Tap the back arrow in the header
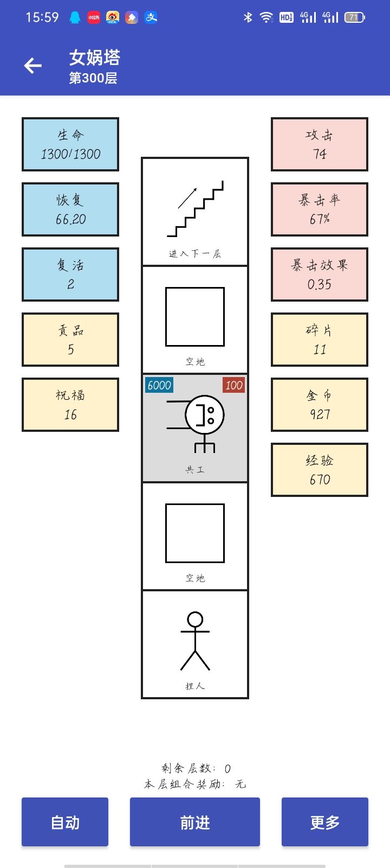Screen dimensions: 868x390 [x=33, y=66]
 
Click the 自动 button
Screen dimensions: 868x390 [x=65, y=822]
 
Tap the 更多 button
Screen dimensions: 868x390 [x=325, y=822]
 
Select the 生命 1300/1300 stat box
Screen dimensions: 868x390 [x=70, y=144]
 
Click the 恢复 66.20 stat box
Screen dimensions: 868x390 [x=70, y=209]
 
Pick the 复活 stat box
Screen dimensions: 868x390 [x=70, y=275]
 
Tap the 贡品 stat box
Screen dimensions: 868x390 [x=70, y=340]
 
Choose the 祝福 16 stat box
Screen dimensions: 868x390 [x=70, y=405]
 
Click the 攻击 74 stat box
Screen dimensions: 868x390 [x=320, y=144]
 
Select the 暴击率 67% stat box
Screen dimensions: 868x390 [x=320, y=209]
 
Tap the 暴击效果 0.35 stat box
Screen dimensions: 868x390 [x=320, y=275]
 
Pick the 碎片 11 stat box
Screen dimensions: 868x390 [x=320, y=340]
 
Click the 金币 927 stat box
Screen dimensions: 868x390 [x=320, y=405]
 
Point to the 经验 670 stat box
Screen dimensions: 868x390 [x=320, y=470]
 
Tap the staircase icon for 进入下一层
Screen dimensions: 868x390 [x=195, y=209]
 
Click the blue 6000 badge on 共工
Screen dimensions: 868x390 [x=159, y=385]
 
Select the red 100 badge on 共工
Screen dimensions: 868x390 [x=233, y=385]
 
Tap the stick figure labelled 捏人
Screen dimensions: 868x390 [x=195, y=641]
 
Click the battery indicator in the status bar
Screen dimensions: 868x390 [x=354, y=17]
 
